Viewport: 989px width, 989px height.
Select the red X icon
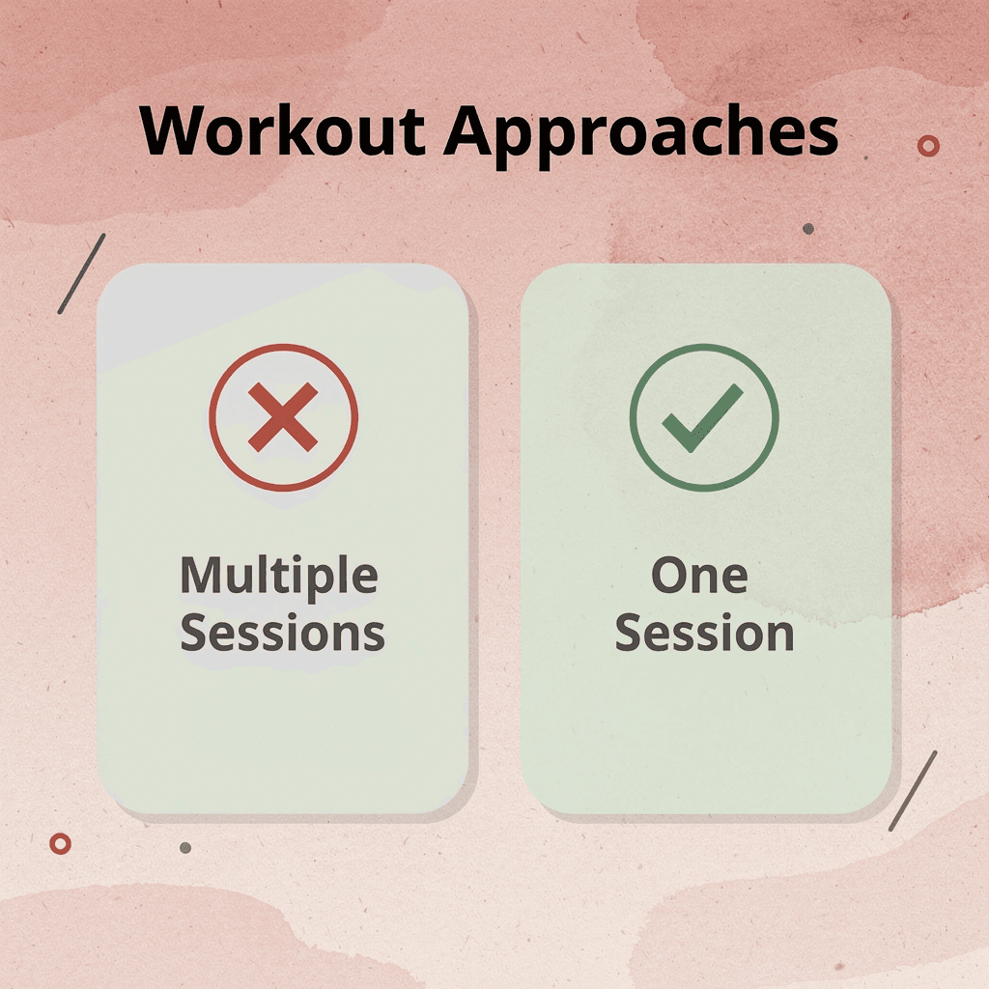(x=283, y=417)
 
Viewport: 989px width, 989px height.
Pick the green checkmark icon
(x=703, y=417)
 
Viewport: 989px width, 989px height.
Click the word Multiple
(x=278, y=578)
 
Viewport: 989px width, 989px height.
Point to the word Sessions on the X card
(x=282, y=634)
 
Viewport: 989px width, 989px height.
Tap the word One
(x=699, y=576)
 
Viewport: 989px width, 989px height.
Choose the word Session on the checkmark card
(x=704, y=634)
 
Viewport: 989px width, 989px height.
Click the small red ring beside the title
(x=928, y=146)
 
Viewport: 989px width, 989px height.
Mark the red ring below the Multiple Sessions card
(x=60, y=843)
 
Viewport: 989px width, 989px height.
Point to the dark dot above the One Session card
(x=807, y=229)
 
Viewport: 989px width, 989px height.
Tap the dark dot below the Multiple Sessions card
(x=185, y=847)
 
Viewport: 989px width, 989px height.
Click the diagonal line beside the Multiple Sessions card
(x=81, y=273)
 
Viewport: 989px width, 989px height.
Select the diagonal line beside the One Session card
(x=912, y=791)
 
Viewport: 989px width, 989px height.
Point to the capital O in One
(x=669, y=576)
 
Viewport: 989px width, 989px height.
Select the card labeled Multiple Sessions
(x=282, y=734)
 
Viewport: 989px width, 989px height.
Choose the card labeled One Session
(x=704, y=734)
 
